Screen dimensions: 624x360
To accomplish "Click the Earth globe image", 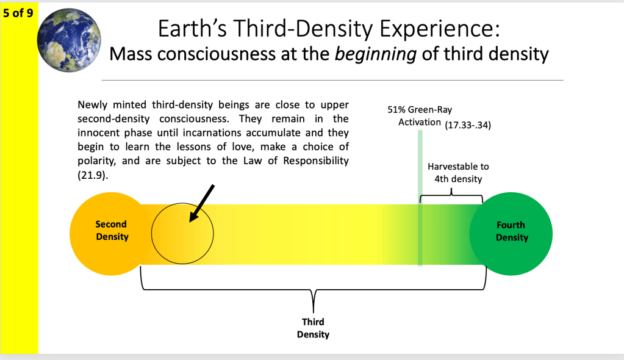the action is [x=69, y=40].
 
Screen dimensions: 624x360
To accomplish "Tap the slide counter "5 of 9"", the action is [x=18, y=13].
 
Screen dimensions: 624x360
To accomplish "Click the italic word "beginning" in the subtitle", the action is [x=375, y=54].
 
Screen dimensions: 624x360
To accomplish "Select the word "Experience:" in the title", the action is [x=439, y=29].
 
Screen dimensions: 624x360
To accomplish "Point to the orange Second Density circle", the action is [x=111, y=234].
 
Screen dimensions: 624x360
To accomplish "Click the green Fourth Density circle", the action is [x=511, y=234].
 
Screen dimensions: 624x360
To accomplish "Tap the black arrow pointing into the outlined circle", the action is [x=202, y=203].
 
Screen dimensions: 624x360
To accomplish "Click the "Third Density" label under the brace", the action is [x=313, y=328].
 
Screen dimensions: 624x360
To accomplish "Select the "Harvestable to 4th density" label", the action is [x=459, y=173].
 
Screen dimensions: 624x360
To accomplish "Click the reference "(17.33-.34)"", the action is [x=468, y=125].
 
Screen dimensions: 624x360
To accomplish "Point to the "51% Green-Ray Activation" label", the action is [x=420, y=116].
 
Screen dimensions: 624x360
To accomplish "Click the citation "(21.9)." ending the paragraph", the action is [x=93, y=175].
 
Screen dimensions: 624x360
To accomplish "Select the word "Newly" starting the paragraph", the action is [x=92, y=105].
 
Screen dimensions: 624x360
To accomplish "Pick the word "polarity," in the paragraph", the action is [x=97, y=161].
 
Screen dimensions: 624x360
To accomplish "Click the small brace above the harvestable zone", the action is [x=451, y=195].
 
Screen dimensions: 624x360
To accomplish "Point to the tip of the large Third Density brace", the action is [x=314, y=312].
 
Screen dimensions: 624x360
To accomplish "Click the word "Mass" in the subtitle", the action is [x=131, y=54].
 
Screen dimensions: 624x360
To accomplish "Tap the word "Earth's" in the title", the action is [x=192, y=29].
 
